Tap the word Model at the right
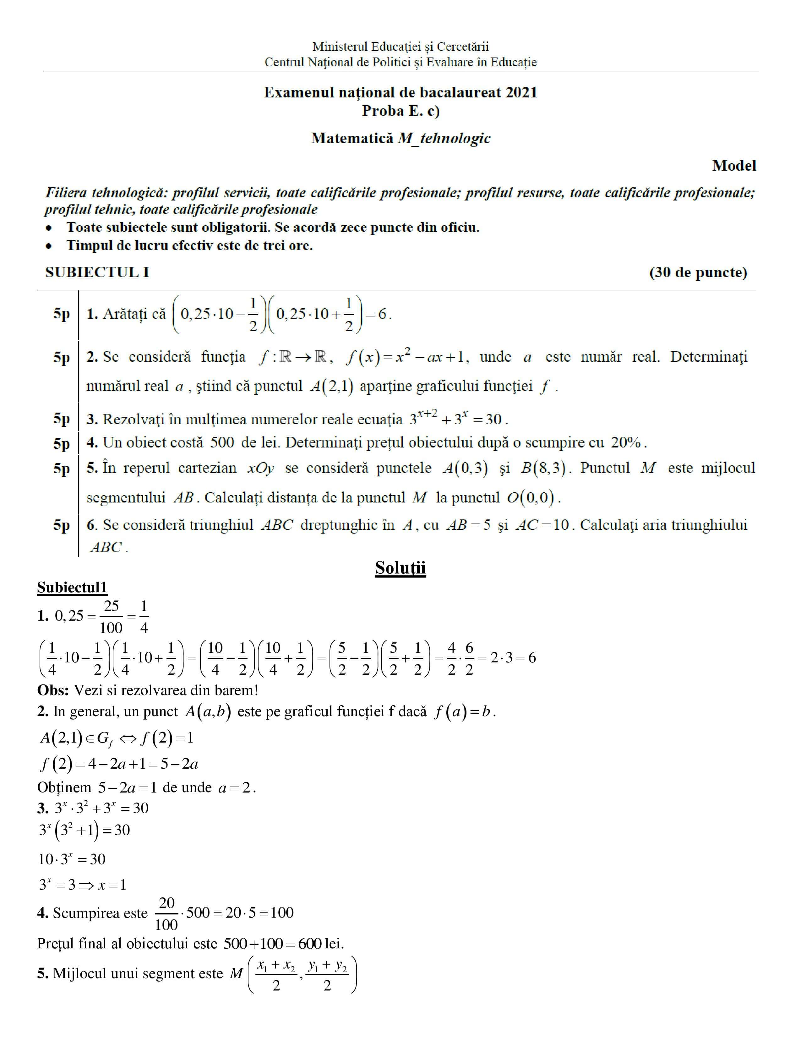733,166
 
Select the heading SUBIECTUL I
97,272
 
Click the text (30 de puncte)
698,272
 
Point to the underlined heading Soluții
400,568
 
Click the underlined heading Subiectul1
72,588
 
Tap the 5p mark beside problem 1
61,314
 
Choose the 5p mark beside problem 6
61,525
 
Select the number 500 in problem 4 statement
222,442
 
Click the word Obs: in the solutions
53,690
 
